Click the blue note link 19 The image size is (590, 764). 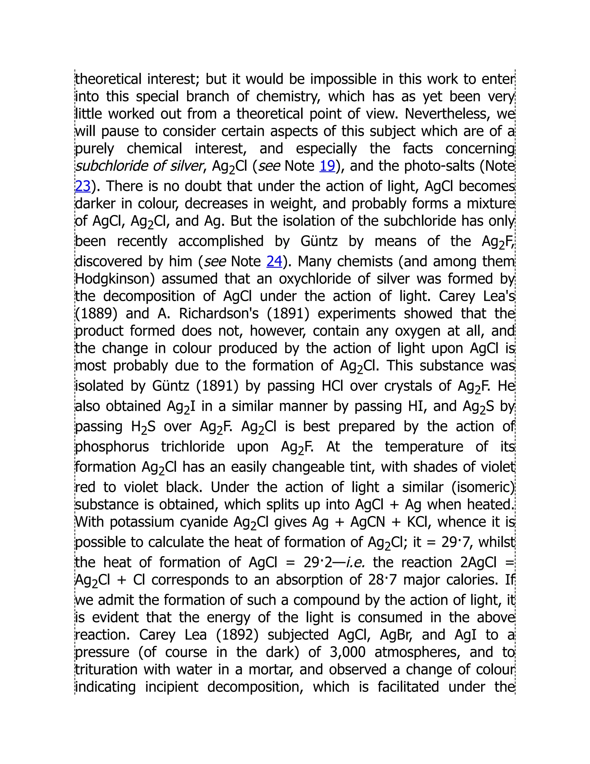[x=327, y=166]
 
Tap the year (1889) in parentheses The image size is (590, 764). [x=97, y=313]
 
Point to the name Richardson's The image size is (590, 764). [x=219, y=313]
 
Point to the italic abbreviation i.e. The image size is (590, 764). [x=355, y=562]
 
